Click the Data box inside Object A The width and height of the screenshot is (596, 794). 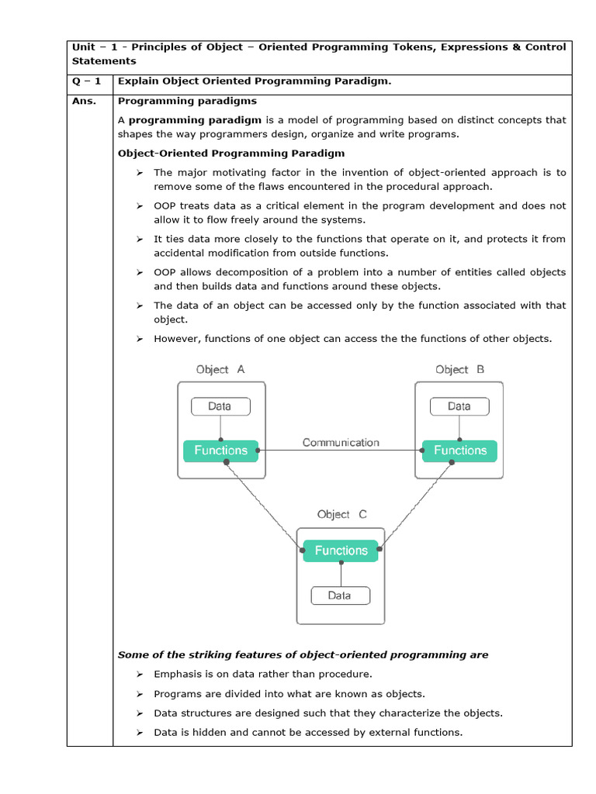tap(220, 406)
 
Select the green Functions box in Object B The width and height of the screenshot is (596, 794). tap(459, 451)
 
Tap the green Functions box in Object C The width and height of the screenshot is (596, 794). tap(341, 551)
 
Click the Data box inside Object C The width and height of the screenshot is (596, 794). tap(340, 595)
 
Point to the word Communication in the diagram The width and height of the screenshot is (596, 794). tap(341, 443)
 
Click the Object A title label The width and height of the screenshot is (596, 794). tap(220, 370)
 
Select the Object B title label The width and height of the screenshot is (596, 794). tap(459, 370)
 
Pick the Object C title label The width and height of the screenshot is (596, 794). tap(341, 514)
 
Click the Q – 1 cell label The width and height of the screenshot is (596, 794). tap(87, 81)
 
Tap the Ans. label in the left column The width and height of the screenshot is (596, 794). tap(85, 101)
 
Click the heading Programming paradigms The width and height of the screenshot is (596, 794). tap(187, 101)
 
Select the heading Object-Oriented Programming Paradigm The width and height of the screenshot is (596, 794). tap(231, 154)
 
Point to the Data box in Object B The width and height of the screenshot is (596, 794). tap(459, 406)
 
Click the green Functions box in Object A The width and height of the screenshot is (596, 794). tap(220, 451)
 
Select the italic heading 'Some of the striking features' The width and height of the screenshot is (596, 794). tap(303, 655)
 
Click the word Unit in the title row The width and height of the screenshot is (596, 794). tap(83, 47)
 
